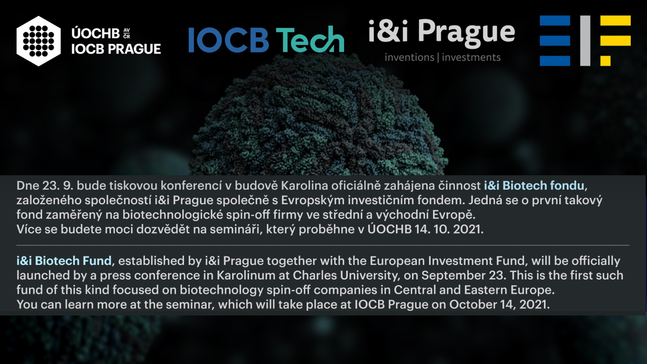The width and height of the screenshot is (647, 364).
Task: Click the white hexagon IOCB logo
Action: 39,41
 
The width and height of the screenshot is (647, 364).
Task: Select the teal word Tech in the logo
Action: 310,39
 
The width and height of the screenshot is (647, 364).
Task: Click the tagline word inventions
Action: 409,57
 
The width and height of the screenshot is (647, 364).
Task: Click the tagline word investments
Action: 471,57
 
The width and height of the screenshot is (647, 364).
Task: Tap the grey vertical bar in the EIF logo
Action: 585,41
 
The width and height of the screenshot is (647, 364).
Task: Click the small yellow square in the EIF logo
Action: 605,61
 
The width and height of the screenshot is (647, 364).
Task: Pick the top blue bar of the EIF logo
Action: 555,21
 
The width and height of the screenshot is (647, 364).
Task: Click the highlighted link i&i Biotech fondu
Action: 534,186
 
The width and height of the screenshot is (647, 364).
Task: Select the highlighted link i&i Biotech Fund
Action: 64,260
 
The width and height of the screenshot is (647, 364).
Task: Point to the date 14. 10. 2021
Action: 449,229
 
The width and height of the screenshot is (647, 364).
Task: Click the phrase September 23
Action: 463,275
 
